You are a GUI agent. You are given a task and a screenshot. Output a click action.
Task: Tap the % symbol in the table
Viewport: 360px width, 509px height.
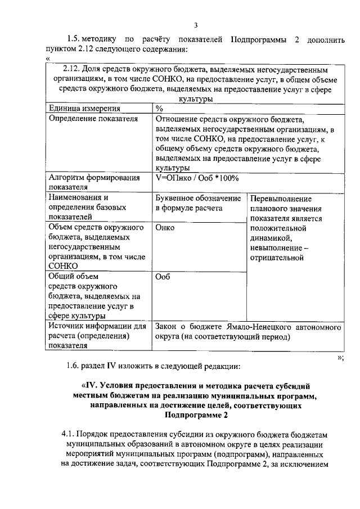pyautogui.click(x=159, y=108)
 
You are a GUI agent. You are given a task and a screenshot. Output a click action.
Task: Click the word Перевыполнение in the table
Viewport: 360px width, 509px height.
pyautogui.click(x=281, y=199)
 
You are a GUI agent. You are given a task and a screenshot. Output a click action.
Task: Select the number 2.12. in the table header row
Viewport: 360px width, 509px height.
pyautogui.click(x=74, y=70)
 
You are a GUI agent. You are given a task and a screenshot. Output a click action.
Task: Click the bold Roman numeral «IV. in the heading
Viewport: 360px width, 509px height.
pyautogui.click(x=91, y=386)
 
